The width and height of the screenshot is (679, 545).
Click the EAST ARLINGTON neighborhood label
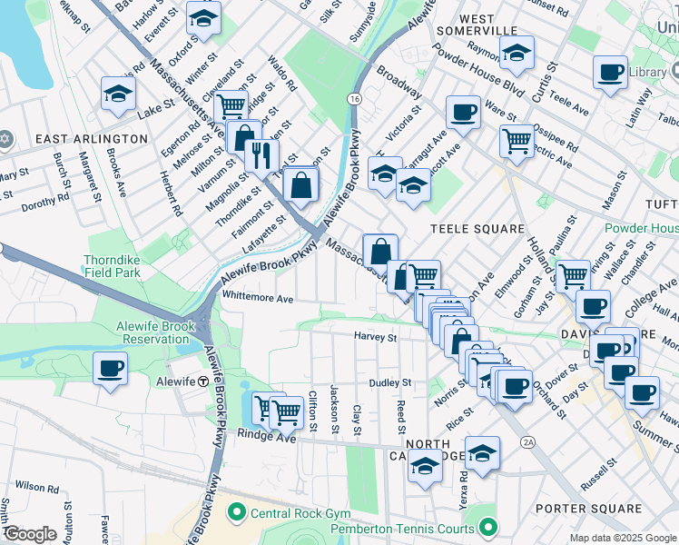pos(91,138)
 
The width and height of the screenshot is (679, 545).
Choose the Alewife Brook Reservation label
pos(153,332)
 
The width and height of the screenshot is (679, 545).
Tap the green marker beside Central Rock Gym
pos(238,513)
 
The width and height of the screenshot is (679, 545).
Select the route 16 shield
pos(354,97)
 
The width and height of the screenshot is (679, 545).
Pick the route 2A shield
pos(529,442)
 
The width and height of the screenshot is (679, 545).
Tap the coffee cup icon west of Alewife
pos(110,369)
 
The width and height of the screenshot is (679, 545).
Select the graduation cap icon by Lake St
pos(118,94)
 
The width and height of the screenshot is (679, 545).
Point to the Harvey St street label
pos(376,337)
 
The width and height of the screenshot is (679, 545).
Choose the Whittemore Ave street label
pos(258,298)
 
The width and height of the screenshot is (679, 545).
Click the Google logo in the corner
pos(29,534)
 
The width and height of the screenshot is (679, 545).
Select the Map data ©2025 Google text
pos(622,538)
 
